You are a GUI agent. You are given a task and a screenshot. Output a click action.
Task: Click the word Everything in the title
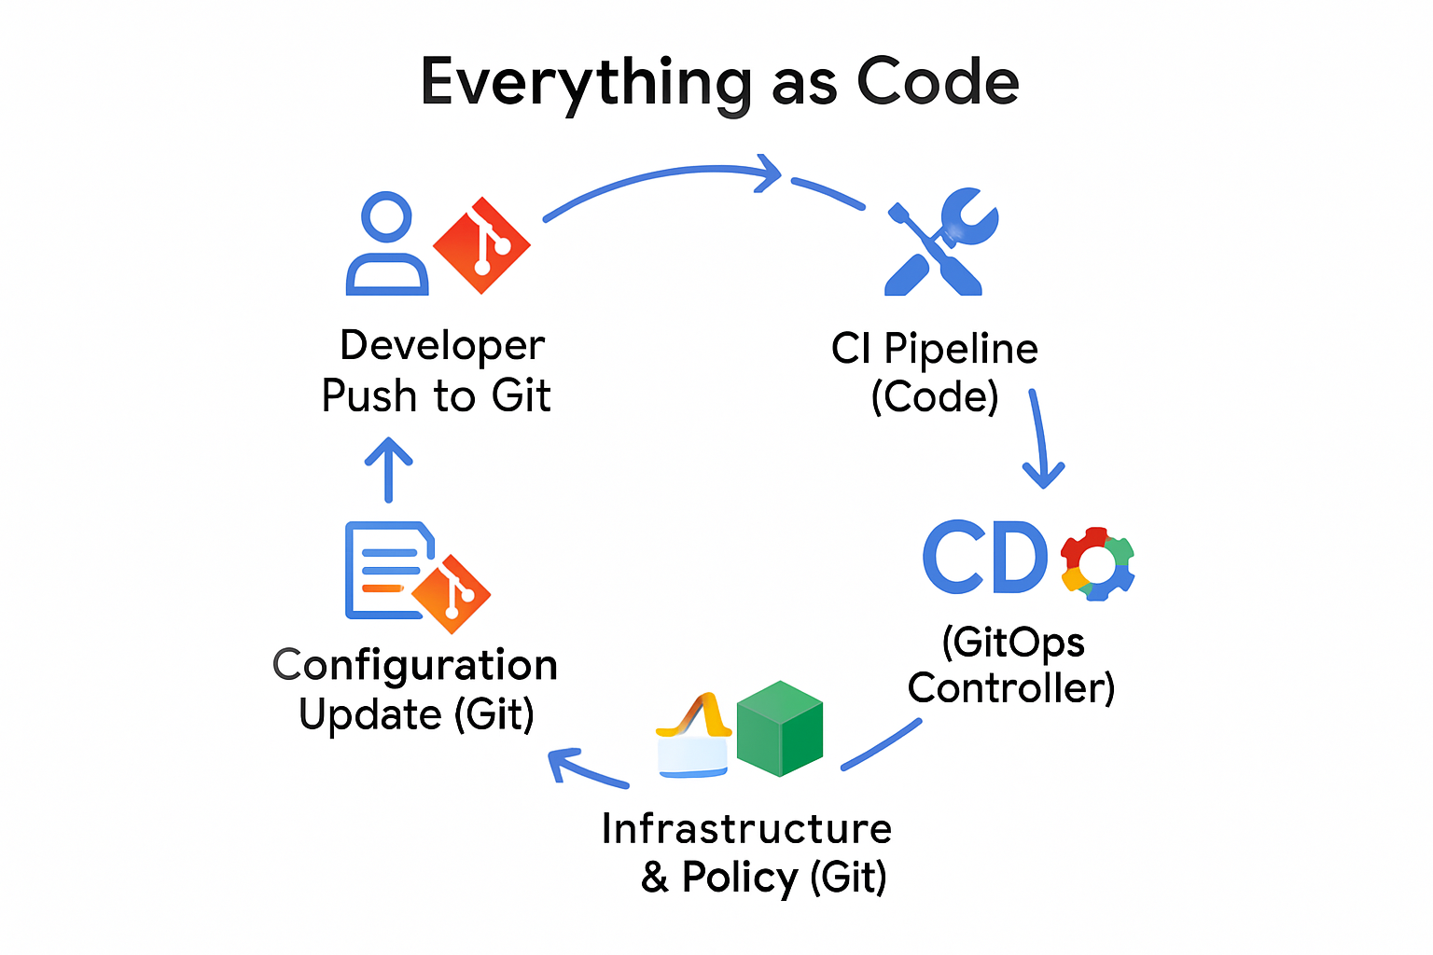[x=586, y=82]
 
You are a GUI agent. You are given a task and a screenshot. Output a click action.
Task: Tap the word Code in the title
[x=938, y=82]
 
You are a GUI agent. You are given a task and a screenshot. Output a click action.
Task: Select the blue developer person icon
[x=386, y=244]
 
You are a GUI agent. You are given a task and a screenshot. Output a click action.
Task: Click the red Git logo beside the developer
[x=481, y=245]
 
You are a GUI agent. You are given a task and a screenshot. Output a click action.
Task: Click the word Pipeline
[x=961, y=349]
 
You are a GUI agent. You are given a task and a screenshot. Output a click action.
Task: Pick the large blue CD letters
[x=985, y=558]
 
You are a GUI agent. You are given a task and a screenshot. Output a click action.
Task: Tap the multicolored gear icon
[x=1097, y=563]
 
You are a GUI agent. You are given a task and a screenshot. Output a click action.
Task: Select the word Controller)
[x=1011, y=688]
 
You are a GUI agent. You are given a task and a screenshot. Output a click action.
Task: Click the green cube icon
[x=780, y=728]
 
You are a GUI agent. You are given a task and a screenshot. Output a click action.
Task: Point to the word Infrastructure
[x=746, y=828]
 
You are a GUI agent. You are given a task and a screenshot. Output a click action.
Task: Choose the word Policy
[x=740, y=877]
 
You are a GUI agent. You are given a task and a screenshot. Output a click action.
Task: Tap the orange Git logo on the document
[x=452, y=594]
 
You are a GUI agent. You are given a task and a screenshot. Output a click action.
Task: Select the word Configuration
[x=415, y=665]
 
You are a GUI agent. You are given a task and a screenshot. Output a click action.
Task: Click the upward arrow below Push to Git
[x=388, y=469]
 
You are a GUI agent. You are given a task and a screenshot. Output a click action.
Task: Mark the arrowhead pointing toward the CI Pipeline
[x=771, y=173]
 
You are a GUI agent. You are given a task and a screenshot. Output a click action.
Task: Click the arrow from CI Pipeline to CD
[x=1041, y=438]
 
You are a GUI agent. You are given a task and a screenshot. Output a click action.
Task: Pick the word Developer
[x=442, y=345]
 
